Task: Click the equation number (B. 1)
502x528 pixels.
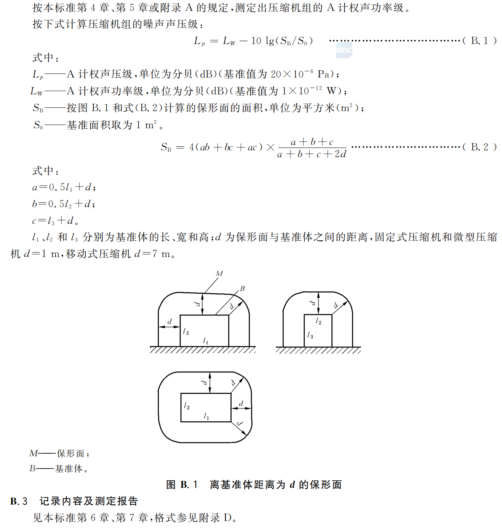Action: click(x=479, y=41)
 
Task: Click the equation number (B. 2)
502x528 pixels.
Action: click(x=479, y=147)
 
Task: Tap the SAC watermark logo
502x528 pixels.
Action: click(x=344, y=50)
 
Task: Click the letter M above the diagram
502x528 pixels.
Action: click(x=219, y=274)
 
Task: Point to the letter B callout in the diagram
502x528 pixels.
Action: click(x=242, y=288)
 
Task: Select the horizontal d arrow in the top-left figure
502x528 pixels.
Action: click(x=169, y=327)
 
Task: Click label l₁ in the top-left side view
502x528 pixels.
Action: click(x=206, y=341)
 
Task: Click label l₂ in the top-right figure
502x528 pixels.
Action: click(x=318, y=322)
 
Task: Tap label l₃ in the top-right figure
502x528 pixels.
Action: click(x=310, y=335)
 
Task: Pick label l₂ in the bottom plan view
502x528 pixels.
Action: click(x=187, y=406)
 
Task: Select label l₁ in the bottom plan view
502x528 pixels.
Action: click(x=206, y=416)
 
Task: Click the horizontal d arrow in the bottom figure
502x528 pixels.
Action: click(x=241, y=408)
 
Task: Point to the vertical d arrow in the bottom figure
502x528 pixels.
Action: click(x=210, y=382)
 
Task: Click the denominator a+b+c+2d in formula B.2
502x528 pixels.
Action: click(x=312, y=154)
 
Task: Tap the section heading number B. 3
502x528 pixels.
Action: click(x=19, y=501)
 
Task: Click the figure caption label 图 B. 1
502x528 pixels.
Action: click(x=182, y=485)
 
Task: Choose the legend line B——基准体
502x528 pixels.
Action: click(x=59, y=469)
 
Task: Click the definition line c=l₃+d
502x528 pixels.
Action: click(x=55, y=221)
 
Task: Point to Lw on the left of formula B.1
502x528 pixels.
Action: click(x=229, y=41)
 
